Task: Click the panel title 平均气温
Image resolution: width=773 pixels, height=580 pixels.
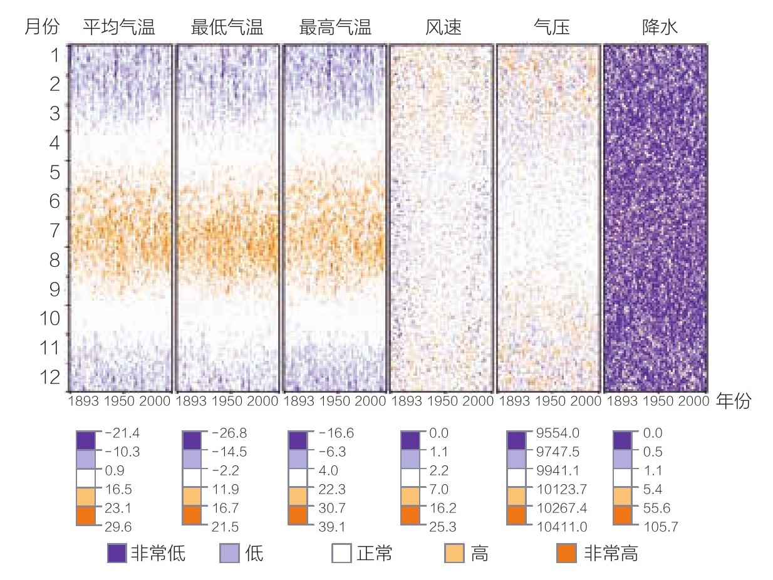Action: [119, 28]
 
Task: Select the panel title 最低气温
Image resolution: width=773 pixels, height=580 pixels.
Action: [227, 28]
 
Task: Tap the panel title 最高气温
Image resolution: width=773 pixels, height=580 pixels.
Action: [335, 28]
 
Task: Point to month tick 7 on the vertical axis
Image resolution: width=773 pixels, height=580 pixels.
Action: [55, 230]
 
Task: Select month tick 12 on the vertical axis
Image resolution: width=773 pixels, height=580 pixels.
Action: [49, 377]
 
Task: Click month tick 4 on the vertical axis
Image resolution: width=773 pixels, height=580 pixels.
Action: [55, 143]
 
